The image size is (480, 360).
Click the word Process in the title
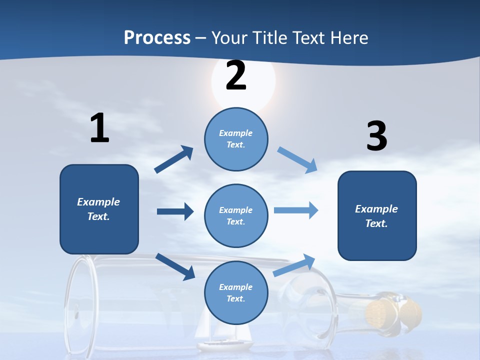(157, 38)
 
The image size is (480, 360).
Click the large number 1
(99, 128)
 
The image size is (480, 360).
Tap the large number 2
(236, 76)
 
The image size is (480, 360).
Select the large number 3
(376, 136)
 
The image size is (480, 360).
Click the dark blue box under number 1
(99, 209)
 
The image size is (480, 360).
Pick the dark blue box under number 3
(377, 215)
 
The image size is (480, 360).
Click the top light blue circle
(236, 139)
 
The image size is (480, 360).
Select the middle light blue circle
(236, 215)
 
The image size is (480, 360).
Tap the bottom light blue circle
(236, 292)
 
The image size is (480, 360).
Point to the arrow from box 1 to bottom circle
(175, 266)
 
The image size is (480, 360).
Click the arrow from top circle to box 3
(297, 159)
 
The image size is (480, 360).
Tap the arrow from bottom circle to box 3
(294, 265)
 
